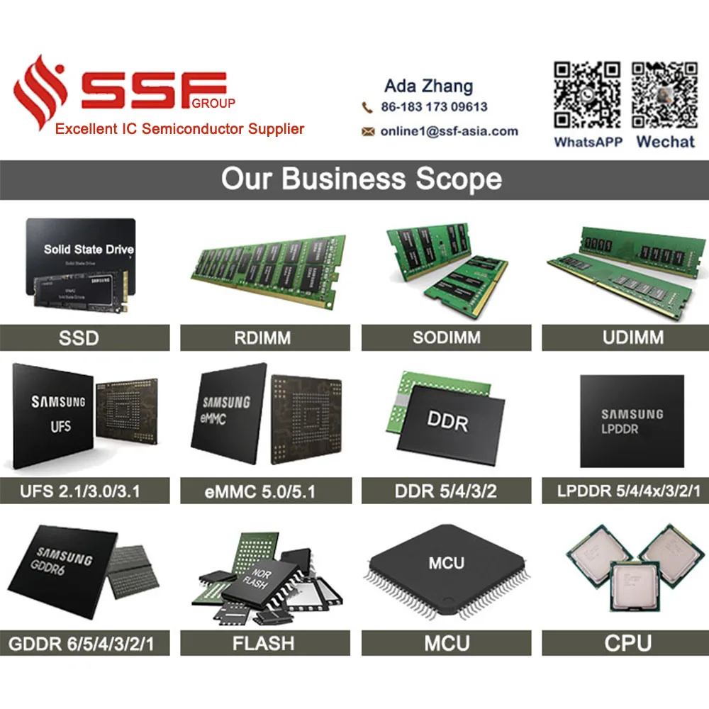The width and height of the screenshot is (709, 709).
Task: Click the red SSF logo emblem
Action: (41, 92)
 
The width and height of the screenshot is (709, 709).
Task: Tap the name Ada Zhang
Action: (428, 86)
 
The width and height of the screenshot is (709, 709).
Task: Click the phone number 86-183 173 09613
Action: (434, 107)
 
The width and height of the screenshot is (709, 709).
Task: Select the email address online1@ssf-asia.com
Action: (449, 131)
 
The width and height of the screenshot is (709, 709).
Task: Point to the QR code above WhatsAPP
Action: (588, 94)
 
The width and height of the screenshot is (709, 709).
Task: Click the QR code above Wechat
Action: (664, 94)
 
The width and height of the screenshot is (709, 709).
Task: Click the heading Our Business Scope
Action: (361, 179)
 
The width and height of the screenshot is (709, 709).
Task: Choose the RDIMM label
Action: (262, 338)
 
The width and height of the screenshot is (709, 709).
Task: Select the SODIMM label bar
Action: (446, 338)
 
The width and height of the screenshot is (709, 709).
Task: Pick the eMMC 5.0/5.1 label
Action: (265, 491)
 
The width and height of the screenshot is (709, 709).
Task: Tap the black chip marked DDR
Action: (448, 423)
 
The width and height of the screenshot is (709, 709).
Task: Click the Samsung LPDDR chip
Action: (632, 421)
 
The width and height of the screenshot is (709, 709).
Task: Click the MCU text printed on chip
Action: (447, 564)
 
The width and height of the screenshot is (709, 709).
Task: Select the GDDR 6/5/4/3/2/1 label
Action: (81, 644)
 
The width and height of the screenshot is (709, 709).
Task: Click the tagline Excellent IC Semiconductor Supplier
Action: (180, 129)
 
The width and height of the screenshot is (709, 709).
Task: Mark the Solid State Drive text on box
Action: (89, 250)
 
